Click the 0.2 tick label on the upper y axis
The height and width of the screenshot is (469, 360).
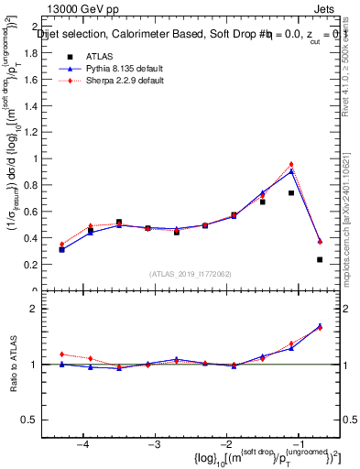(x=38, y=265)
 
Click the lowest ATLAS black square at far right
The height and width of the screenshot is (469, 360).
(x=320, y=259)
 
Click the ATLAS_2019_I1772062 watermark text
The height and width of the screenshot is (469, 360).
(x=191, y=273)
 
